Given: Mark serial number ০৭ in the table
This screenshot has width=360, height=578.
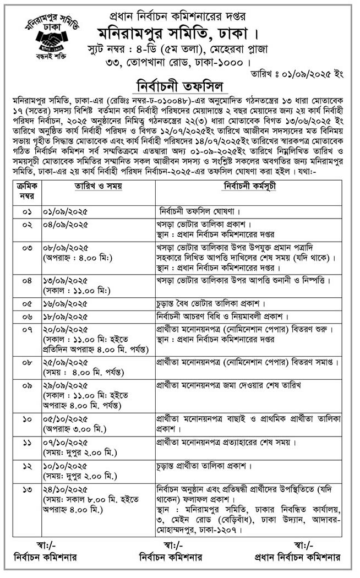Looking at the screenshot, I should pyautogui.click(x=26, y=329).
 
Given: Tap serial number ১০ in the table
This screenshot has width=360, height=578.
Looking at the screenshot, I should pyautogui.click(x=26, y=420).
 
